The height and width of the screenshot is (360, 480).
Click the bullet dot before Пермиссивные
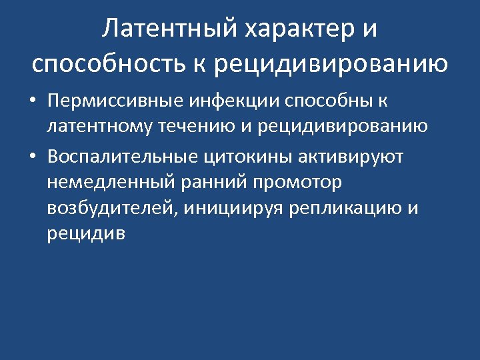33,102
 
